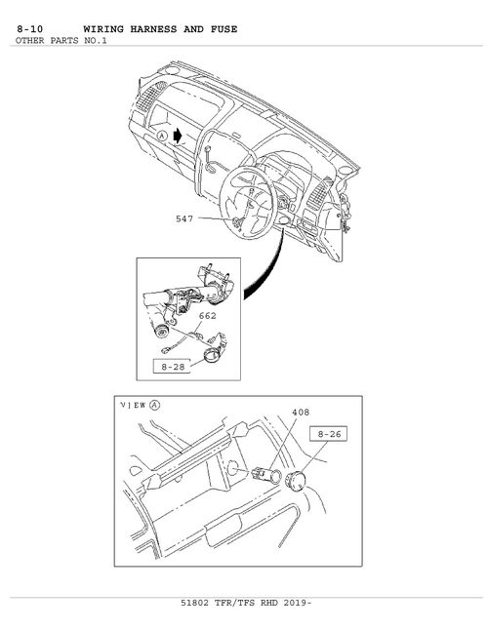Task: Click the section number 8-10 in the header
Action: (x=30, y=29)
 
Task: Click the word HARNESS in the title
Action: (x=153, y=29)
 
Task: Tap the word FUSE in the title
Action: (x=224, y=29)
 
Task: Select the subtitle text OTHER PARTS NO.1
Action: (x=61, y=41)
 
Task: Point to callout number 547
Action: (x=184, y=218)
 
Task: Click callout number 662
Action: (x=207, y=316)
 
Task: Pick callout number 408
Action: (x=301, y=413)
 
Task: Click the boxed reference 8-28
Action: (x=173, y=367)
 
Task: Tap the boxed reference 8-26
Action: (x=329, y=434)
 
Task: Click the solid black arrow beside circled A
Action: (x=177, y=136)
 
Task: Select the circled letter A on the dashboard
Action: (x=162, y=136)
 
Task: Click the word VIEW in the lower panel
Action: (x=134, y=406)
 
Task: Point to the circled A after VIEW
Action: (x=154, y=406)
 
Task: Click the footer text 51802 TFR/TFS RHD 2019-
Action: (x=246, y=603)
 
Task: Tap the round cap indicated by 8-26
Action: (x=295, y=482)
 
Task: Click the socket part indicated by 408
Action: (x=264, y=474)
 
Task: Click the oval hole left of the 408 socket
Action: (x=232, y=468)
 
